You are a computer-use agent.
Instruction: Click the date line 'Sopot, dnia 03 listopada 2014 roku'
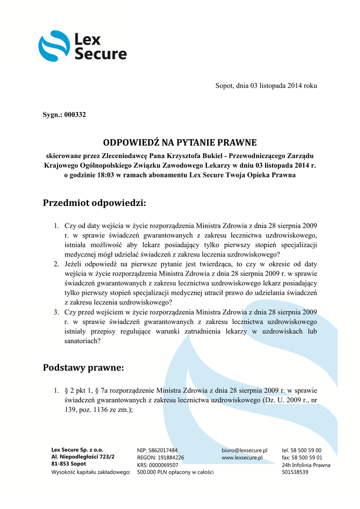(266, 85)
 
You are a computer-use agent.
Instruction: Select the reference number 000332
(75, 115)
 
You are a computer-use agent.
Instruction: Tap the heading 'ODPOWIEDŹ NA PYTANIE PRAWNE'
(180, 143)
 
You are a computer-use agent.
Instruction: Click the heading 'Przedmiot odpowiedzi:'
(94, 203)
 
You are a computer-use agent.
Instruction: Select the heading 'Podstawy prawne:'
(83, 368)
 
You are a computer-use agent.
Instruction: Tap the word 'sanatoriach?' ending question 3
(83, 341)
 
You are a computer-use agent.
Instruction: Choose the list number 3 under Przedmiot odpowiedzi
(56, 312)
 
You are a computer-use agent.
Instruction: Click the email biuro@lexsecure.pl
(245, 450)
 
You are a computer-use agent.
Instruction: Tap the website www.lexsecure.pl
(242, 458)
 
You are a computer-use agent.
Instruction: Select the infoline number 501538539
(295, 472)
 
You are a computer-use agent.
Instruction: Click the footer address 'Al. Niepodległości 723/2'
(83, 456)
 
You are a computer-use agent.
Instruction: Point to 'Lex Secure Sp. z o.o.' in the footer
(78, 449)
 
